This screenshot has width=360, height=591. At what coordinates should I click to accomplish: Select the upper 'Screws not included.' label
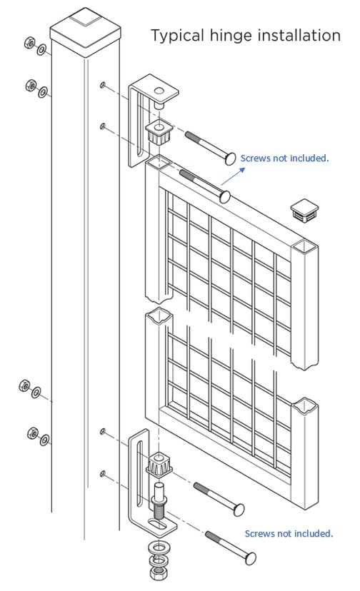pyautogui.click(x=284, y=158)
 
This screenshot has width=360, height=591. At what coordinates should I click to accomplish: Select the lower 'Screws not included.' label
pyautogui.click(x=289, y=533)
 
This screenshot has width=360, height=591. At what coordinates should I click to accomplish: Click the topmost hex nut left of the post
pyautogui.click(x=28, y=43)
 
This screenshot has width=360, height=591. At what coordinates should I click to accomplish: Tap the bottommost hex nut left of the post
pyautogui.click(x=32, y=433)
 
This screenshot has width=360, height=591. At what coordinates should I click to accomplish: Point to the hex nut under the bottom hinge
pyautogui.click(x=156, y=572)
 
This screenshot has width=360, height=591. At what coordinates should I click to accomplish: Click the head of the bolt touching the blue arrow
pyautogui.click(x=226, y=196)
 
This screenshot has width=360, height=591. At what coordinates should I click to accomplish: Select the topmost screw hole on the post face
pyautogui.click(x=104, y=86)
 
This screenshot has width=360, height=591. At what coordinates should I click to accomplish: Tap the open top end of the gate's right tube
pyautogui.click(x=303, y=248)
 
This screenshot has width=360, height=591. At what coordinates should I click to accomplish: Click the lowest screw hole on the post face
pyautogui.click(x=104, y=473)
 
